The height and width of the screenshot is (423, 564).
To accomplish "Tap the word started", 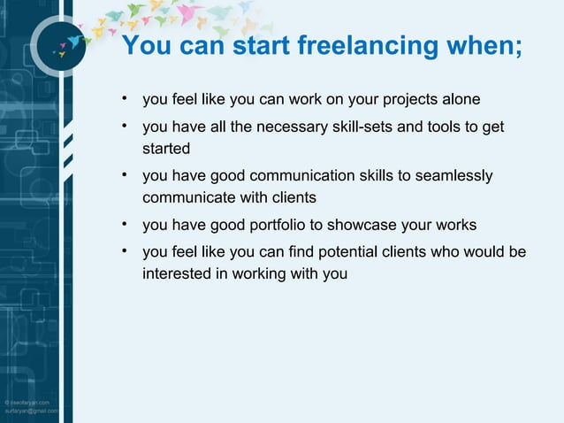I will [x=166, y=148].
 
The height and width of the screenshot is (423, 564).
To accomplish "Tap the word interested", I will [x=177, y=273].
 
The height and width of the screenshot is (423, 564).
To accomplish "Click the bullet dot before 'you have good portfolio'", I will [x=127, y=223].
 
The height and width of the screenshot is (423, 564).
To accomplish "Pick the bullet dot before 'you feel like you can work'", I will [x=127, y=96].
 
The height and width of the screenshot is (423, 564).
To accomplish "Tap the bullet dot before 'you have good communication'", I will [x=127, y=175].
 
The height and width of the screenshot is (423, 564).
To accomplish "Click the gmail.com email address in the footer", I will [x=31, y=411].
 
